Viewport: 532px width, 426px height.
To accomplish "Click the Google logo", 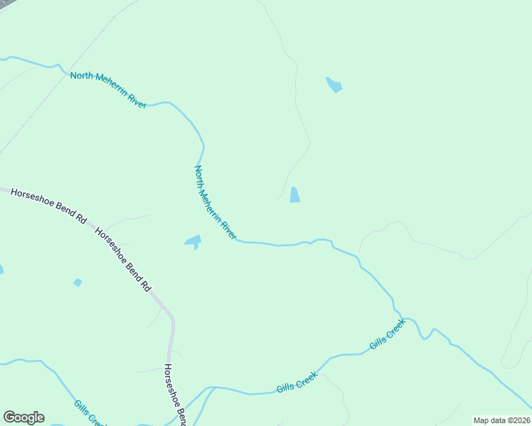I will tap(23, 417).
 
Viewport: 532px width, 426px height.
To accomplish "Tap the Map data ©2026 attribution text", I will tap(502, 420).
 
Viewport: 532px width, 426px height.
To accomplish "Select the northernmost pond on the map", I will tap(334, 85).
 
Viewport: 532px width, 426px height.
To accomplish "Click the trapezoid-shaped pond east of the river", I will tap(294, 195).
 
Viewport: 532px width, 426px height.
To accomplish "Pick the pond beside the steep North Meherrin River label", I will tap(193, 242).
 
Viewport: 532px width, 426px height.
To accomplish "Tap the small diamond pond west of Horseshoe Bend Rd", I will tap(78, 283).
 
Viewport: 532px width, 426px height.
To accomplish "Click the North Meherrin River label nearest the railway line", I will tap(108, 90).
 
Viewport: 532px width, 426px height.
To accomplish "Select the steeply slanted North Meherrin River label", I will tap(215, 202).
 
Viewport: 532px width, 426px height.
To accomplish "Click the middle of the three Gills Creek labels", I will tap(296, 384).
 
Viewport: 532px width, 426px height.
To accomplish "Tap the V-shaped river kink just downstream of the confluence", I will tap(425, 337).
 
